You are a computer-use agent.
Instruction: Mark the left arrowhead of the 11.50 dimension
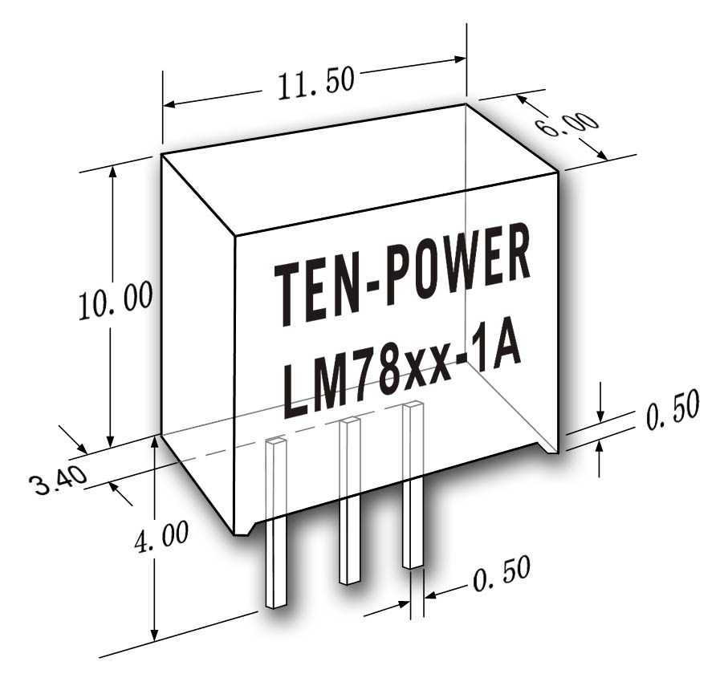(169, 104)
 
